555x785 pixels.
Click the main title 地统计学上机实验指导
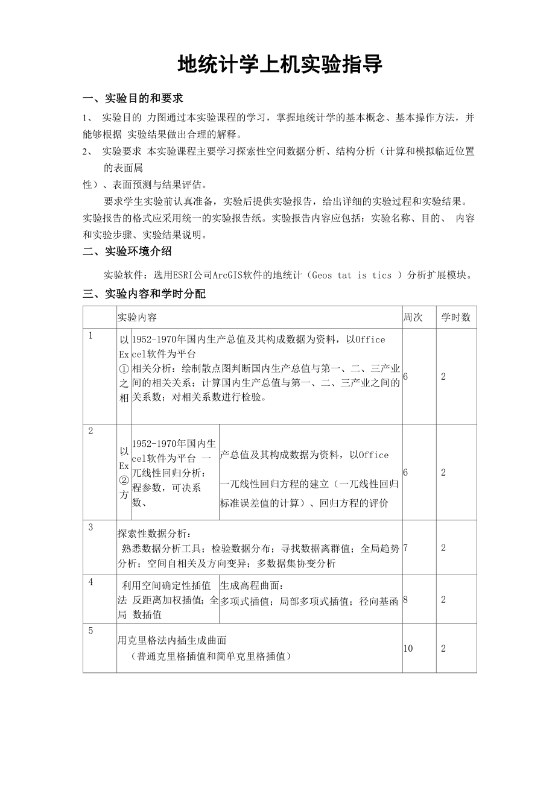pos(280,65)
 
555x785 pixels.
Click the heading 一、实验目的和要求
pos(133,98)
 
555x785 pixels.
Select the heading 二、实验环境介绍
pos(127,251)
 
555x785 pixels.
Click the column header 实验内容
pos(137,317)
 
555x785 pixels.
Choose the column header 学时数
pos(455,317)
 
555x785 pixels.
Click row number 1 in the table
pos(90,336)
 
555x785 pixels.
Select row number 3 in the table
pos(90,528)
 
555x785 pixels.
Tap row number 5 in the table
pos(90,631)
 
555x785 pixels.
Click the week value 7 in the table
pos(405,548)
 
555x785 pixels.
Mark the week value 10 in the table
pos(408,648)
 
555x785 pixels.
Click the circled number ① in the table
pos(124,369)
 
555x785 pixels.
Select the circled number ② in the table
pos(124,481)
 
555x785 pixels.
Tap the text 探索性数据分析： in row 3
pos(154,534)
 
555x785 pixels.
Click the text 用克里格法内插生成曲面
pos(172,640)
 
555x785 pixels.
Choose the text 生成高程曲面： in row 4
pos(252,585)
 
